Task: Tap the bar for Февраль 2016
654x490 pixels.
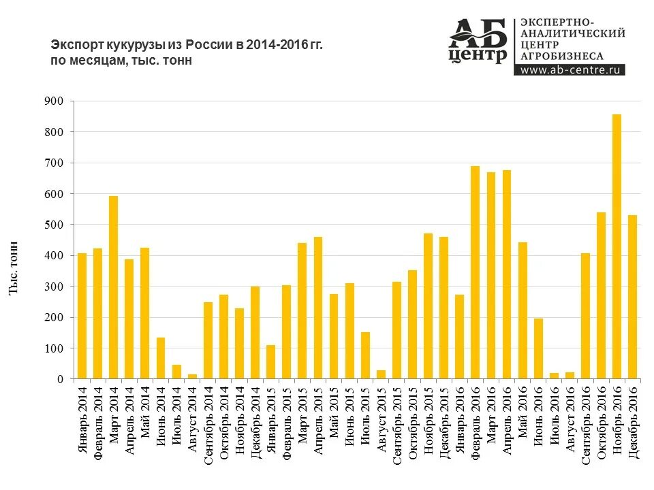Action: coord(475,272)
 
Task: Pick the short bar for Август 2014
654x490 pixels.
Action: coord(192,376)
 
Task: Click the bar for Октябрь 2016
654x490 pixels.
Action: coord(601,295)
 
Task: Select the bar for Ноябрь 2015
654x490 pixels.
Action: coord(428,306)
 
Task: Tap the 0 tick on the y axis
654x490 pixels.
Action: coord(60,379)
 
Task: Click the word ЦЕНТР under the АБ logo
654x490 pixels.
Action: coord(478,54)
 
